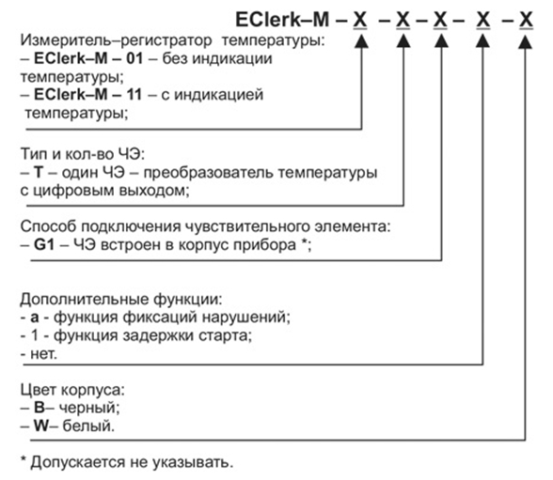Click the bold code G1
44,244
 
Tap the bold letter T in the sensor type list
38,172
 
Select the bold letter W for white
41,426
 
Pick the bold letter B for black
39,408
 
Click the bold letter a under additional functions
35,317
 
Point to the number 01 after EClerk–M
134,58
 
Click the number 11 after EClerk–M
134,94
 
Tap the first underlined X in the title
359,21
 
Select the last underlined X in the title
526,21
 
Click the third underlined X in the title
440,21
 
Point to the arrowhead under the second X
403,41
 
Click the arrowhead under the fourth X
482,41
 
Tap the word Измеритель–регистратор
116,40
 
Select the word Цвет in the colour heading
39,390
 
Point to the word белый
88,426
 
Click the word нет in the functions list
43,354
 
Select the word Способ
48,226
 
